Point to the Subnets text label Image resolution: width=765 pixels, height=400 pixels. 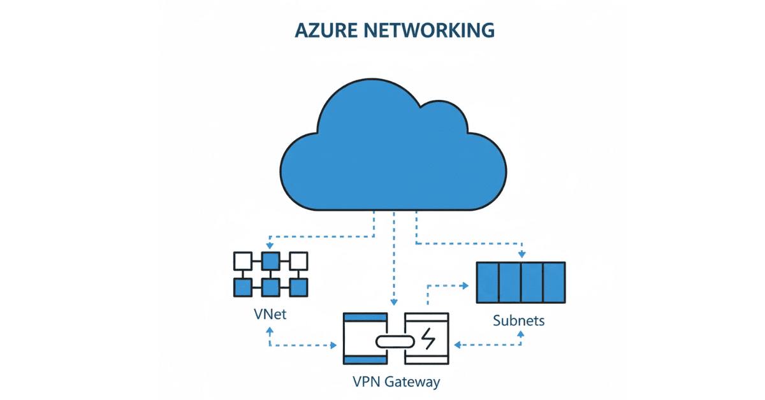click(519, 320)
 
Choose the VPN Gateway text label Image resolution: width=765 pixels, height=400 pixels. click(396, 382)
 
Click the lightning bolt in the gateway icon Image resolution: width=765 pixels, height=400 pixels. click(428, 339)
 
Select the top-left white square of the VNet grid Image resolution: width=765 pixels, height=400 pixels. click(242, 260)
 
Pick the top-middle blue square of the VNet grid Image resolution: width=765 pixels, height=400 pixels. click(270, 260)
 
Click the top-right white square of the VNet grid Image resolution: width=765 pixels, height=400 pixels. click(298, 260)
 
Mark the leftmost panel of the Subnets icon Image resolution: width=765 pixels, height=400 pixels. click(488, 282)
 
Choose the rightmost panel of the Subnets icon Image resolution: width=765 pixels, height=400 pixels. click(554, 282)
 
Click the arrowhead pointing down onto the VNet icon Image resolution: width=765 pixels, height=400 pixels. click(270, 246)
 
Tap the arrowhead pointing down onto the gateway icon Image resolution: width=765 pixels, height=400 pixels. click(395, 301)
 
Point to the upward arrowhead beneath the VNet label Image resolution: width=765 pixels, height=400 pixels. click(270, 331)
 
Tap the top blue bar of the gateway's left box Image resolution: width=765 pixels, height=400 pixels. click(365, 317)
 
